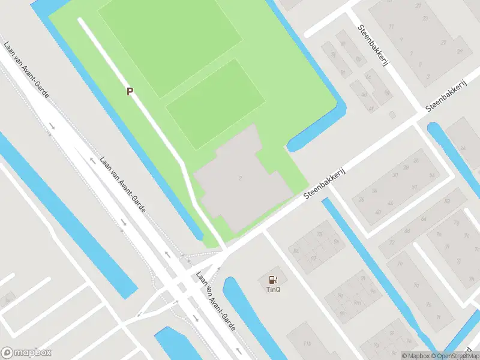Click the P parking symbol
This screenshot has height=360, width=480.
click(129, 91)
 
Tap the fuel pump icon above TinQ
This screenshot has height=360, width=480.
click(273, 279)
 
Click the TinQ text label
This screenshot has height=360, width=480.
click(273, 289)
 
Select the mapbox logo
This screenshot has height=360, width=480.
click(26, 353)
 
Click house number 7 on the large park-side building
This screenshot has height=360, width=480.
click(240, 178)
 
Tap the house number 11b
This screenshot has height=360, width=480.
click(307, 343)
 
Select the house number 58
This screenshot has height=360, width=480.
click(336, 241)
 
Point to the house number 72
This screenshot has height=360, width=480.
click(392, 241)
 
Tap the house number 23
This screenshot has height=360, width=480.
click(425, 19)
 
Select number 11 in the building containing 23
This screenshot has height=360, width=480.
click(392, 26)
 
